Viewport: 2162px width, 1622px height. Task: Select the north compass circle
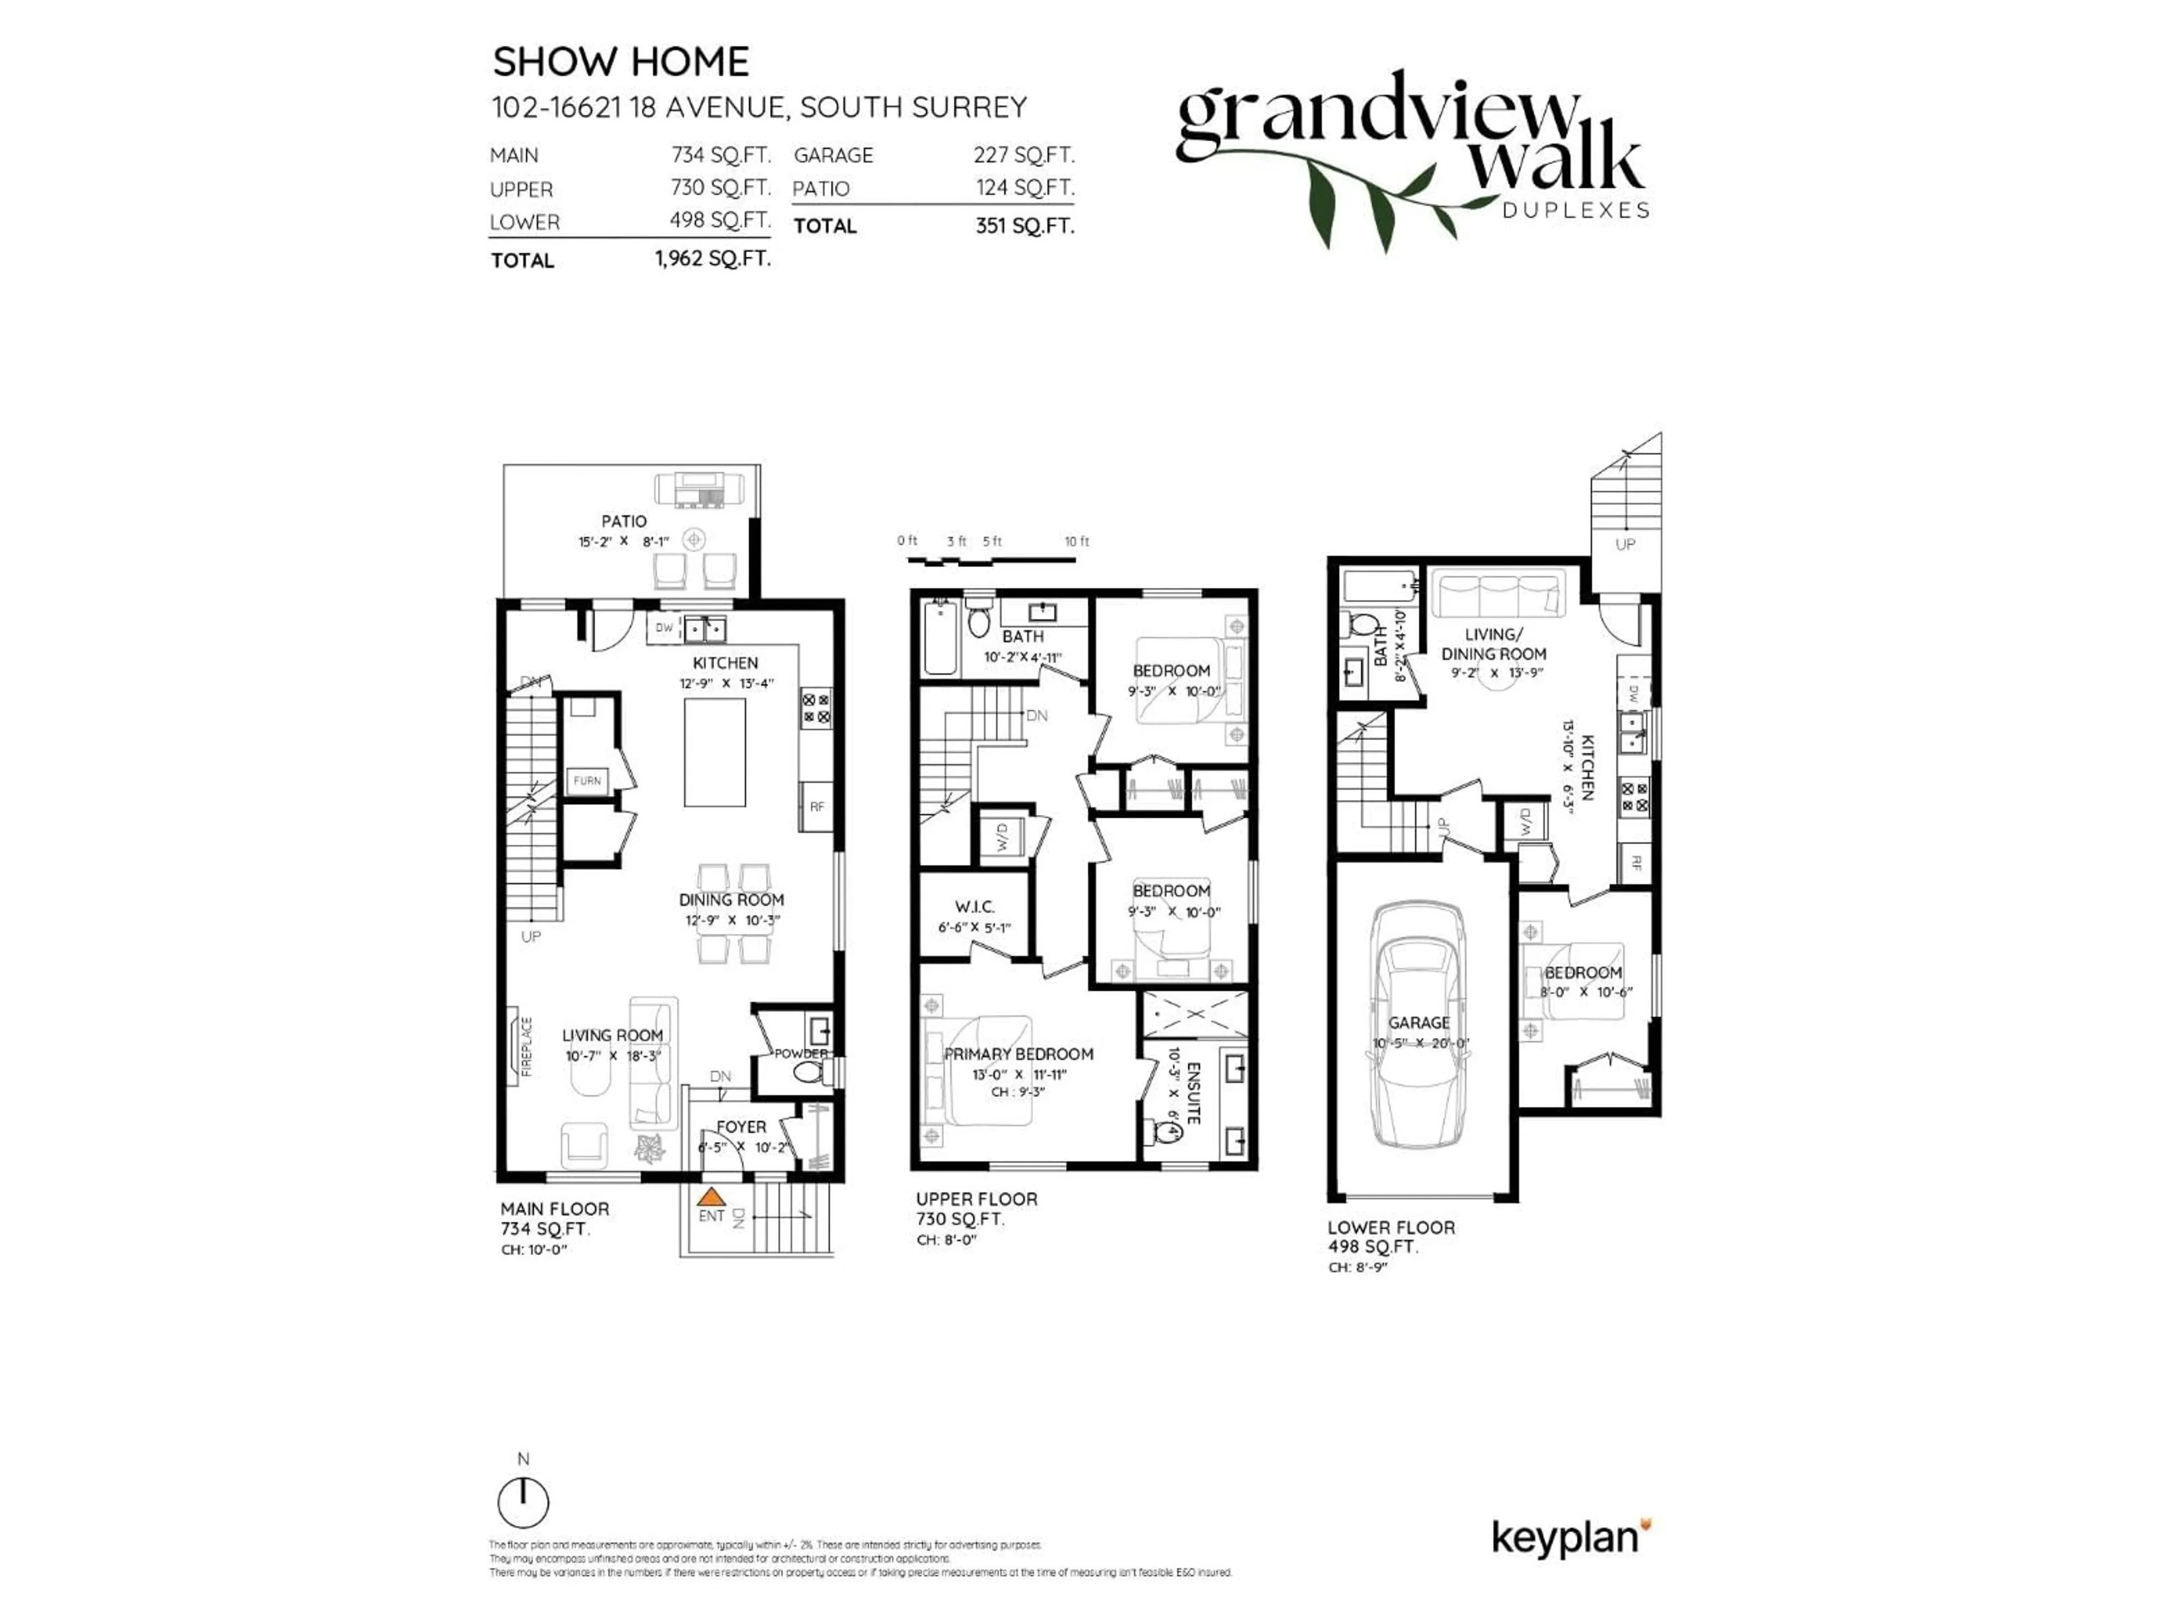tap(523, 1503)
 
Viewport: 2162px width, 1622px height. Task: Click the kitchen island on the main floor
tap(714, 751)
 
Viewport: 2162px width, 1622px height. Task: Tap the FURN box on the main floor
tap(587, 781)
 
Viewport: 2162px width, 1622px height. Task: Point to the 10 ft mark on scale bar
tap(1076, 542)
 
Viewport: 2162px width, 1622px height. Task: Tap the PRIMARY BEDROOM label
tap(1019, 1054)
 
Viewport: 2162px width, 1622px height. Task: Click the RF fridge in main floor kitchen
tap(817, 806)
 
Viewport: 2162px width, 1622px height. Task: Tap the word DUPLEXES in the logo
tap(1575, 210)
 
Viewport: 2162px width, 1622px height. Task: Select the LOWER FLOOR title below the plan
tap(1391, 1227)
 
